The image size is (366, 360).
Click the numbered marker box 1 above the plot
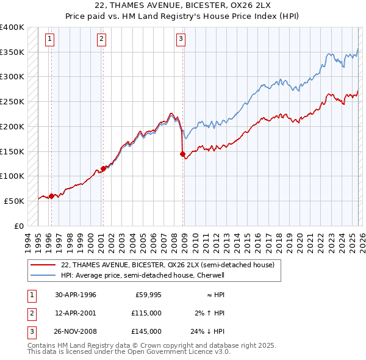point(49,40)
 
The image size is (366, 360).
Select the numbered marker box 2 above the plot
point(101,40)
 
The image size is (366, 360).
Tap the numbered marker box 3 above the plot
point(181,40)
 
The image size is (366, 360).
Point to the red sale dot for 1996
point(51,196)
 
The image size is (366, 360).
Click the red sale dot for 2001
point(103,169)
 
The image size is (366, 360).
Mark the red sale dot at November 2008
point(183,154)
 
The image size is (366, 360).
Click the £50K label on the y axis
point(15,201)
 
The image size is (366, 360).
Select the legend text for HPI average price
point(143,275)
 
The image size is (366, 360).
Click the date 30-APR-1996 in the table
point(76,295)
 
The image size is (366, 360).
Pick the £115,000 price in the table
point(147,313)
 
